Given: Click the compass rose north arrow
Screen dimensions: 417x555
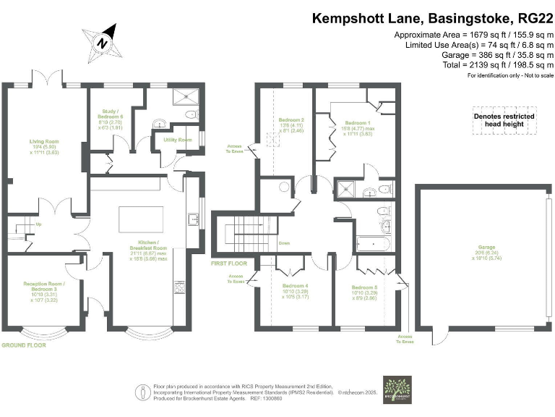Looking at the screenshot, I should pos(104,41).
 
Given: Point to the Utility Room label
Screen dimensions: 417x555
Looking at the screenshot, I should pos(176,139).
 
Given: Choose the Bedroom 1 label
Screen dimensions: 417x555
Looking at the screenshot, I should pos(356,124).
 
